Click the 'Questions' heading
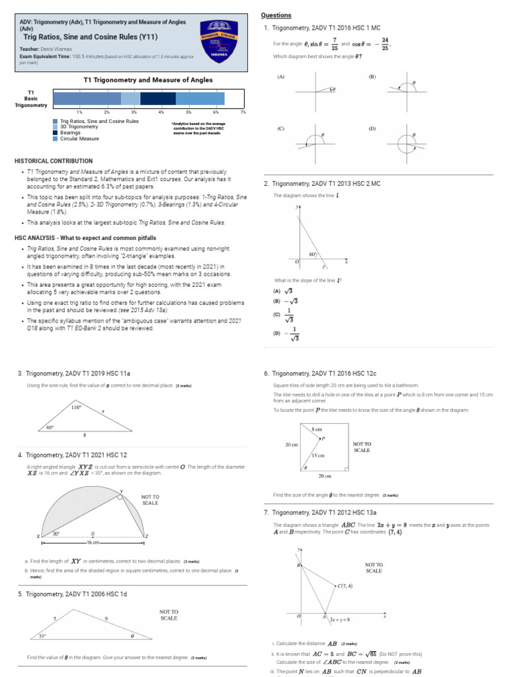pos(276,15)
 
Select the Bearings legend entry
pos(71,133)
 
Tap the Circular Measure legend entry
pos(79,139)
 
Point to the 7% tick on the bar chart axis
pos(243,112)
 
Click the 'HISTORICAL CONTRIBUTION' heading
pos(54,161)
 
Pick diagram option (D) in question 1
pos(403,141)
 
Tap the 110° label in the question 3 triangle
pos(75,408)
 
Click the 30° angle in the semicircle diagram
pos(56,533)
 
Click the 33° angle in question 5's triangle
pos(43,636)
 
